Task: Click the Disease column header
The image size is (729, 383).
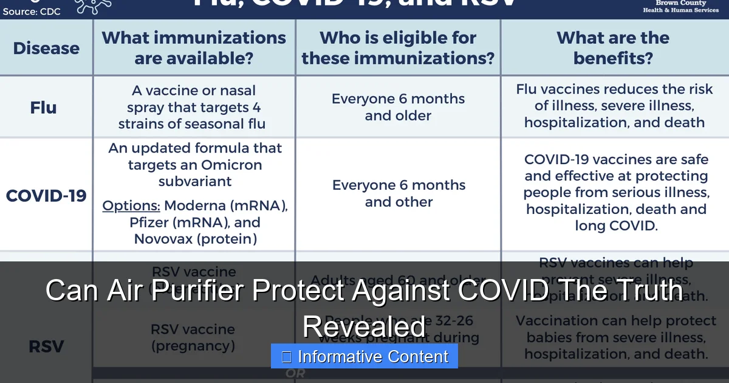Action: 46,48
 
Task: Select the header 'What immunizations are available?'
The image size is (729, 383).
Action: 194,47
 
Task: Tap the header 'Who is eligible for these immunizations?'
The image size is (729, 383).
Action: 398,47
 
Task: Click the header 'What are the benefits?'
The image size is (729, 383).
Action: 613,47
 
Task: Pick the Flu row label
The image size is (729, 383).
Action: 43,108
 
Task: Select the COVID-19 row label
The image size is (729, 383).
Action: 46,196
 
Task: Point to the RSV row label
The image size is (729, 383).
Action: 46,347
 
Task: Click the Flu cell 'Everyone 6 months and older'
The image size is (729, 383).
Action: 398,107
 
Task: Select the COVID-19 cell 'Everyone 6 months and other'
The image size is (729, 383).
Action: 399,193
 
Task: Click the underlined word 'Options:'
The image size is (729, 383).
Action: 131,205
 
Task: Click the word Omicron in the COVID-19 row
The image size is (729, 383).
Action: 228,165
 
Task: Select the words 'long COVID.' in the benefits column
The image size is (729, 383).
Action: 615,226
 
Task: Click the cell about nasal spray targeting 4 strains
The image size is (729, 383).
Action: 194,108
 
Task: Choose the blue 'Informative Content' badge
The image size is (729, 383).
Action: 364,356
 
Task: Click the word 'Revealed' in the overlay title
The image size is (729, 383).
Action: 364,326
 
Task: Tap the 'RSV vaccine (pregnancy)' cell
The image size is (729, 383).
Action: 193,337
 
